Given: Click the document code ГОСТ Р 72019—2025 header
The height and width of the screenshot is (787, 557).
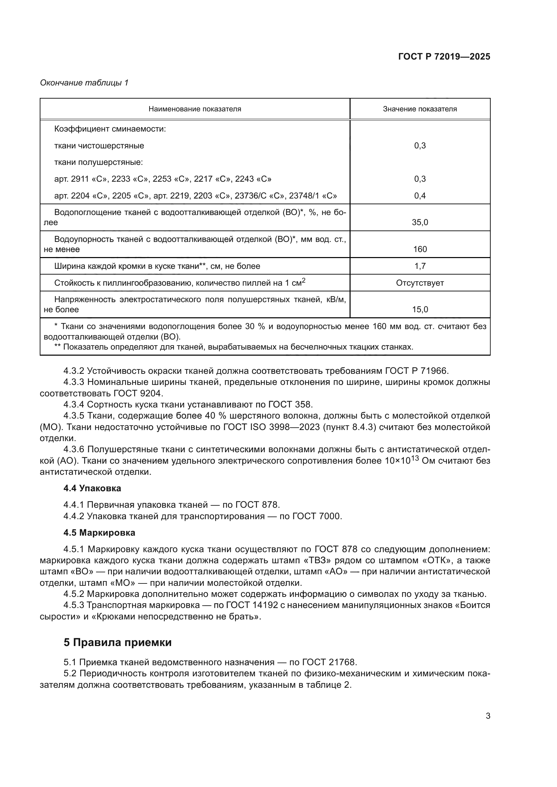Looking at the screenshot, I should (444, 57).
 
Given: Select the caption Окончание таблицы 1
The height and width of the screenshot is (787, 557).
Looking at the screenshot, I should (84, 83).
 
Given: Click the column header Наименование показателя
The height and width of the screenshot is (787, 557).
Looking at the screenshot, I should (194, 109).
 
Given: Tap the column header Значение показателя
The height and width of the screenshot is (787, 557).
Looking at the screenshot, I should (420, 109).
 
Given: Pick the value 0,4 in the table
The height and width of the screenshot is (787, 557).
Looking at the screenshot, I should (420, 196).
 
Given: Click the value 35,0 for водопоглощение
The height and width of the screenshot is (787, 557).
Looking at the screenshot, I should (420, 222).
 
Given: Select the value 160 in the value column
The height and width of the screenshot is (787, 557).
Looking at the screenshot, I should (420, 249).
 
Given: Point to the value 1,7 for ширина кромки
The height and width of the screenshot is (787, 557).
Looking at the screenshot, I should (420, 266).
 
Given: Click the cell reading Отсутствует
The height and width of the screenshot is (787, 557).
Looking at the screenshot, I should (420, 283).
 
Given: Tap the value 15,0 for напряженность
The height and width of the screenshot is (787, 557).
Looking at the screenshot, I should (420, 310).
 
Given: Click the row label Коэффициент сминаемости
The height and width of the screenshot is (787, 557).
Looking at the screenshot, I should (110, 129).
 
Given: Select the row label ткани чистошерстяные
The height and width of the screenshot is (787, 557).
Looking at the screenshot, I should (99, 146).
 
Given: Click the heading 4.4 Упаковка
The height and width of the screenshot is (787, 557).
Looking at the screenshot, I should (92, 488).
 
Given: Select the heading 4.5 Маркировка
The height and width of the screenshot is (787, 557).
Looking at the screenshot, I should (99, 533).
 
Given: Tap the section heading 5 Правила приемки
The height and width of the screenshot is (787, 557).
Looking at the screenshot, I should (117, 642).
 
